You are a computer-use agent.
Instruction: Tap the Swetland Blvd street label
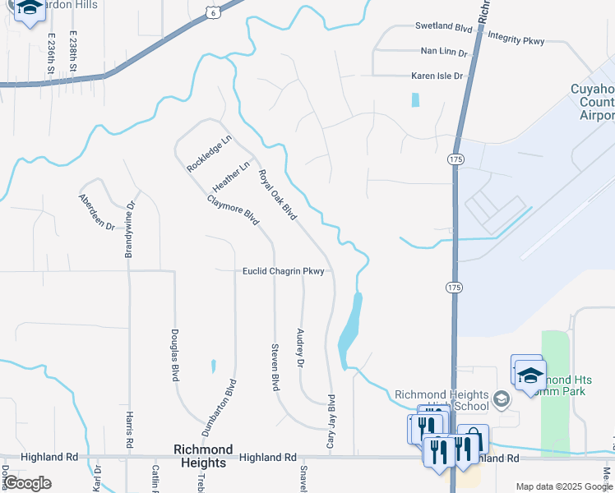pyautogui.click(x=444, y=26)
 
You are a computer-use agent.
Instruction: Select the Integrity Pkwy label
pyautogui.click(x=516, y=37)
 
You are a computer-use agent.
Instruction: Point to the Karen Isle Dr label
pyautogui.click(x=437, y=76)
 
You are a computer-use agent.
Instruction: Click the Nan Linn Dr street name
pyautogui.click(x=443, y=52)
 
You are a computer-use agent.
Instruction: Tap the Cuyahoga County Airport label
pyautogui.click(x=591, y=102)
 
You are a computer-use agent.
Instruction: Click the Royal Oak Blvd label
pyautogui.click(x=277, y=195)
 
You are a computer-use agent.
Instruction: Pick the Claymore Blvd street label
pyautogui.click(x=234, y=210)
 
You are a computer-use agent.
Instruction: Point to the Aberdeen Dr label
pyautogui.click(x=96, y=211)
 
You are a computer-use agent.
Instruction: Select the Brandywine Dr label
pyautogui.click(x=129, y=229)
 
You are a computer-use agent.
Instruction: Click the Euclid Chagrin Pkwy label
pyautogui.click(x=284, y=271)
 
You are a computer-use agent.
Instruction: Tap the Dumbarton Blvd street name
pyautogui.click(x=220, y=408)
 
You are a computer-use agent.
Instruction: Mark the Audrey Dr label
pyautogui.click(x=300, y=348)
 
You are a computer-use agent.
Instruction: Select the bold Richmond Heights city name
pyautogui.click(x=201, y=456)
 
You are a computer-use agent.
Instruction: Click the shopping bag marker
pyautogui.click(x=474, y=440)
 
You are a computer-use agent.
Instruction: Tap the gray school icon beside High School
pyautogui.click(x=501, y=400)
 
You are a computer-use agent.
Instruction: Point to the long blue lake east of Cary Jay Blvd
pyautogui.click(x=350, y=329)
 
